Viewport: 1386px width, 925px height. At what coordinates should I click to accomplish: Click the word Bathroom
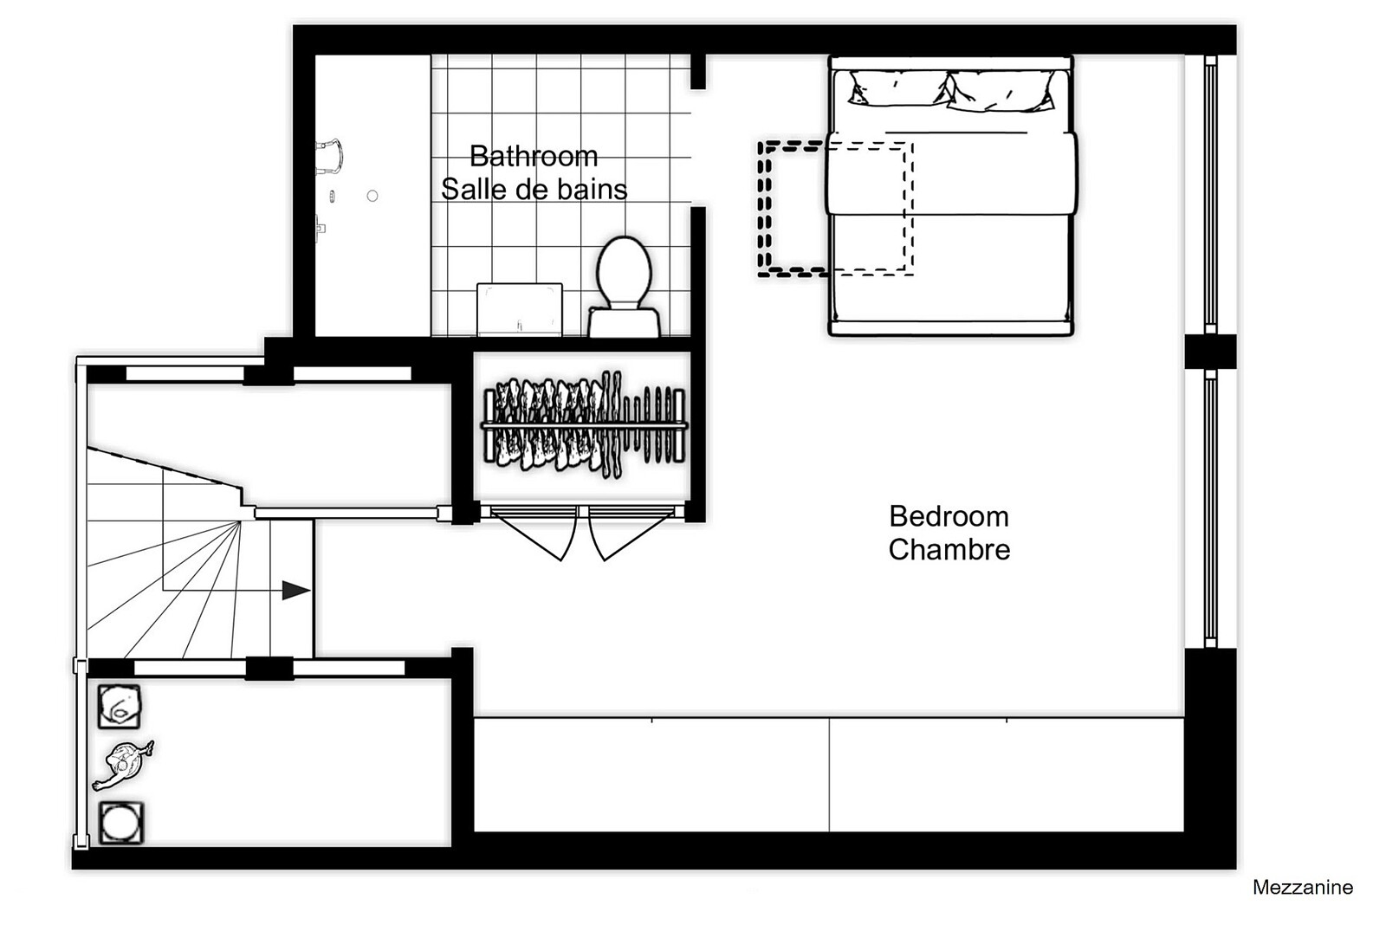[x=534, y=156]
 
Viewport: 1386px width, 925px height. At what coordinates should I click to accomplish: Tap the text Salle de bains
[x=534, y=190]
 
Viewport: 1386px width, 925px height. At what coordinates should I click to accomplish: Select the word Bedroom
[x=949, y=517]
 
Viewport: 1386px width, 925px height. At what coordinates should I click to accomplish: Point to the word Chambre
[x=949, y=549]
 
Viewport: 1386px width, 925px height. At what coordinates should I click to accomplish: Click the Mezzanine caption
[x=1303, y=887]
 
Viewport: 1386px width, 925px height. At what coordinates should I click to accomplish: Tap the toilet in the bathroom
[x=624, y=287]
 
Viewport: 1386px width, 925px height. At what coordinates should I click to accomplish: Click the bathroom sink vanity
[x=520, y=309]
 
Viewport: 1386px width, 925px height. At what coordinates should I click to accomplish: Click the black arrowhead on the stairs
[x=295, y=591]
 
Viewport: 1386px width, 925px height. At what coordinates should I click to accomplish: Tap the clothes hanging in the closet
[x=584, y=425]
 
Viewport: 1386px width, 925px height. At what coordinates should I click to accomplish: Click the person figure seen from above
[x=123, y=765]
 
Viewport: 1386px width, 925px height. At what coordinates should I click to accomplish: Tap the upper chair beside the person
[x=120, y=706]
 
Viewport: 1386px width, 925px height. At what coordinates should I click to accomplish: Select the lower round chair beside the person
[x=121, y=823]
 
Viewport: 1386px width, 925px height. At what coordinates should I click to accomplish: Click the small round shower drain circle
[x=372, y=196]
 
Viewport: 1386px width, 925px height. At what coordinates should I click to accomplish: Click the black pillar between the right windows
[x=1210, y=352]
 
